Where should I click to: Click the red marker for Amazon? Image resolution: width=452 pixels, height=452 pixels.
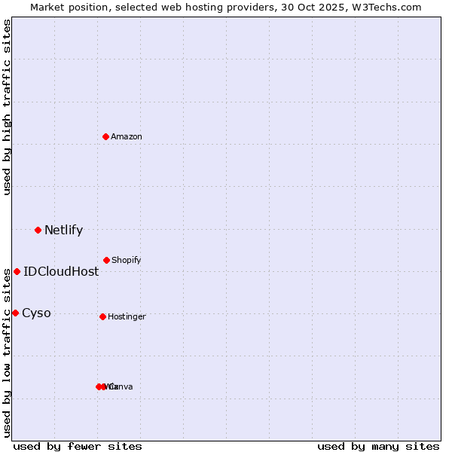(106, 136)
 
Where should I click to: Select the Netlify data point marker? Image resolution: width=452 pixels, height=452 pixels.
(38, 230)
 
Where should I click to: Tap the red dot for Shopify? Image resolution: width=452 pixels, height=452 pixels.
(106, 260)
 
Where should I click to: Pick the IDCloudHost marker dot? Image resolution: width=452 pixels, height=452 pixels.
(17, 271)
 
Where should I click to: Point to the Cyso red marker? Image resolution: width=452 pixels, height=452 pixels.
(15, 313)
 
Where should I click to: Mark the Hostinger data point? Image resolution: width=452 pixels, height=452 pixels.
(102, 316)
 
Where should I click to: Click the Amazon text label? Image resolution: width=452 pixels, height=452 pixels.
(127, 136)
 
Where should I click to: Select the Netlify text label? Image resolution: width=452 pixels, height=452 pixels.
(63, 231)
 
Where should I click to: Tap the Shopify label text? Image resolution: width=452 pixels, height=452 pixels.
(127, 260)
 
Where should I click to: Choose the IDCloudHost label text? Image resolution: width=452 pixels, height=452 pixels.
(61, 272)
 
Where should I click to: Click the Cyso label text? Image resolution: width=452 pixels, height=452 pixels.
(36, 313)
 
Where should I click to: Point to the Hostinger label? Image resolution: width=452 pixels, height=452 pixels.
(127, 317)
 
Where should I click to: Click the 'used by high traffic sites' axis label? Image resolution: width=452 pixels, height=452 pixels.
(7, 107)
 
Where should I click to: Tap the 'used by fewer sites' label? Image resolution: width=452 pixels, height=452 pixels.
(78, 447)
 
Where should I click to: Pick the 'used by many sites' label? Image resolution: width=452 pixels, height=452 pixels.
(378, 447)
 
